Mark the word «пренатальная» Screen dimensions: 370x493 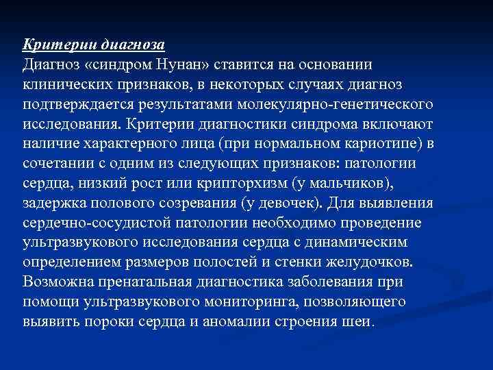tap(147, 282)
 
